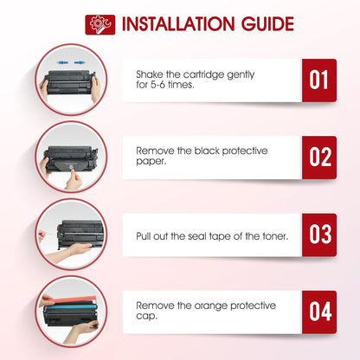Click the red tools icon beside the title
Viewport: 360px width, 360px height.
100,24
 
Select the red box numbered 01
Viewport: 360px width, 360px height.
318,80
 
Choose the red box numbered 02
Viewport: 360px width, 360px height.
318,156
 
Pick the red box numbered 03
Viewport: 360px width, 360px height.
318,235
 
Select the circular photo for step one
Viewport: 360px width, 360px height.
70,80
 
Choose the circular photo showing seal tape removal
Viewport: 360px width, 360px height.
70,235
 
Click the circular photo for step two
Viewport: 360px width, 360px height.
70,157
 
